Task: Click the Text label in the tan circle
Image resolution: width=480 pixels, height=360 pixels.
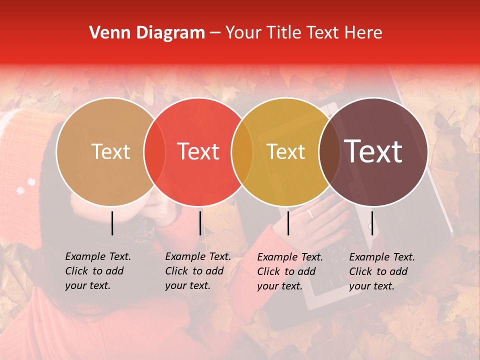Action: pos(110,151)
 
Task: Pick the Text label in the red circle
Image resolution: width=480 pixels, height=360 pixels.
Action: pos(198,151)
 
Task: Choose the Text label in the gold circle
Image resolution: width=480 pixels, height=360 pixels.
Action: pos(285,151)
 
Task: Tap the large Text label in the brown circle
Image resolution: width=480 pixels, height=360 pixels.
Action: pos(373,151)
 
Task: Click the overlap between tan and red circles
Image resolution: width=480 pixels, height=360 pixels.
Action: pos(154,151)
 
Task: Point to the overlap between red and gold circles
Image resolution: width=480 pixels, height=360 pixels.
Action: pos(242,151)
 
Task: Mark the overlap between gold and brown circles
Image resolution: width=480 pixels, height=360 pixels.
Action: pos(329,151)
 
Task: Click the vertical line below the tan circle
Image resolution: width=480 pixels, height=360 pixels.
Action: pos(112,223)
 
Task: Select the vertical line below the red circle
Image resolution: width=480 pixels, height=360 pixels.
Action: pos(200,223)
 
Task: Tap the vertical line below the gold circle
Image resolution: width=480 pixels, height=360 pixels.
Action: pos(288,223)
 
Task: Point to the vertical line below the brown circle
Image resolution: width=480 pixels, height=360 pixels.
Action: pos(372,223)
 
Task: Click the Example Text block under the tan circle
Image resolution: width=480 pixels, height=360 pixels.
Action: pos(97,271)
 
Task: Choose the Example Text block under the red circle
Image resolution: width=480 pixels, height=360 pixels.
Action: pos(197,271)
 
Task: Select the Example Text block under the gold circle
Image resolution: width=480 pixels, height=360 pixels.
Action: pos(289,271)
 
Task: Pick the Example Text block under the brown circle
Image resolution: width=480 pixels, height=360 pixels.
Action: pos(381,271)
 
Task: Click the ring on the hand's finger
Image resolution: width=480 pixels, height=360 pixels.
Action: pos(310,214)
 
